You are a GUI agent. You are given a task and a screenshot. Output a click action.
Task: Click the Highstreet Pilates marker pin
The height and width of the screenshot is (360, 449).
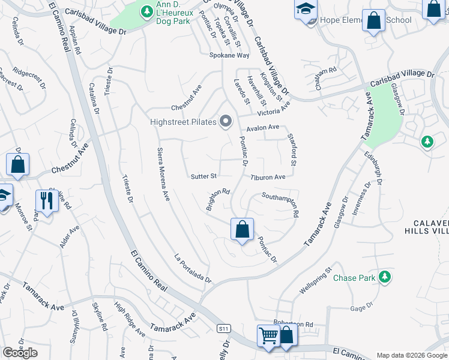tap(226, 122)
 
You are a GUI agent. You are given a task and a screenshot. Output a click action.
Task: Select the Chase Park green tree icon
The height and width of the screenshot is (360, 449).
tap(385, 277)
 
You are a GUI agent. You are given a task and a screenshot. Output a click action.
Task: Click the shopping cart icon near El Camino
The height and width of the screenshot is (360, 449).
tap(268, 336)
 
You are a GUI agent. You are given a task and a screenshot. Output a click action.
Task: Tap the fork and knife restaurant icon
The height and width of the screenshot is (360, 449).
tap(46, 200)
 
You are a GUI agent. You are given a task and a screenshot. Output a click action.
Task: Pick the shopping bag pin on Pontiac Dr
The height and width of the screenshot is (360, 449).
tap(242, 229)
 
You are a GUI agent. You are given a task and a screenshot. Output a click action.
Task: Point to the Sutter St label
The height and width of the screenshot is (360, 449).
tap(203, 176)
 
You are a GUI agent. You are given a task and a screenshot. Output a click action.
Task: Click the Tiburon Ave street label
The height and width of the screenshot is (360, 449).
tap(268, 178)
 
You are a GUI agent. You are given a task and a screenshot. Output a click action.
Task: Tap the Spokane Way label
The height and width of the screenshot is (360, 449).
tap(229, 55)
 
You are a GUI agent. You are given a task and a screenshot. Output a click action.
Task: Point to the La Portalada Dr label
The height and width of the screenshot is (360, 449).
tap(193, 267)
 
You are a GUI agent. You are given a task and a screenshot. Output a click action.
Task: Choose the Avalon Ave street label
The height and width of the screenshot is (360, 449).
tap(263, 127)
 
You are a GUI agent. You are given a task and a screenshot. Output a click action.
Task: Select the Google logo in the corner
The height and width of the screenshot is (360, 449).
tap(20, 352)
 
